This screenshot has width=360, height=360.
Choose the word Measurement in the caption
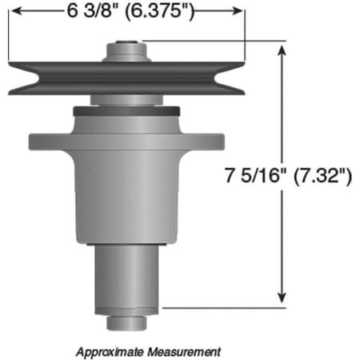tap(183, 351)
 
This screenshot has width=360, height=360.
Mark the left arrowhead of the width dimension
tap(14, 10)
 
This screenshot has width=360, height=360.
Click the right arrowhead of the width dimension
tap(237, 10)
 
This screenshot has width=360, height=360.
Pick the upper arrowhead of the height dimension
tap(282, 50)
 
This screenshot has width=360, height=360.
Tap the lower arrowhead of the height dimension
tap(282, 298)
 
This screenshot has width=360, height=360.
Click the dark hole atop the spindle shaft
tap(126, 44)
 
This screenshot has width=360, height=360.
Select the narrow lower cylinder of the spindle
tap(126, 276)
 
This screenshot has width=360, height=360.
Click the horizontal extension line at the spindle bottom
tap(224, 306)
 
